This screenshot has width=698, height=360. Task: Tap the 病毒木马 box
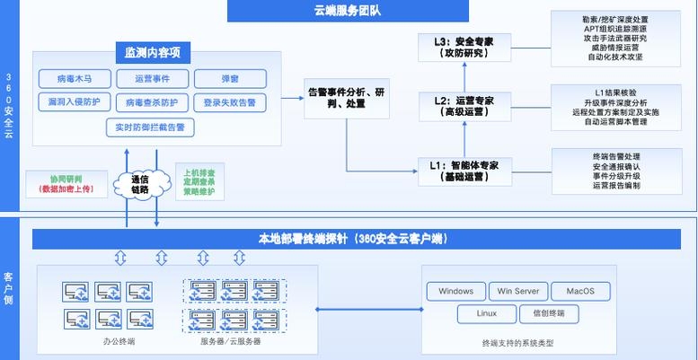coord(75,79)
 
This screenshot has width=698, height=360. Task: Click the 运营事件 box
coord(151,79)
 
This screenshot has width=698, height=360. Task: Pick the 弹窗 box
coord(229,79)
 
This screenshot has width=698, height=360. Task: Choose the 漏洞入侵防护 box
coord(75,102)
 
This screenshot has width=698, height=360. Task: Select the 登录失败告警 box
coord(229,102)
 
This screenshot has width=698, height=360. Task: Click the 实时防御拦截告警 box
coord(150,127)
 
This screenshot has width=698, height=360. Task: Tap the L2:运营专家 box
coord(463,107)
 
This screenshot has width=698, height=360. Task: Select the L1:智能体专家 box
coord(463,171)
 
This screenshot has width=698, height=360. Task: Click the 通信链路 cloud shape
coord(139,183)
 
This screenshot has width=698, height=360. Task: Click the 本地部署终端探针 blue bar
coord(353,239)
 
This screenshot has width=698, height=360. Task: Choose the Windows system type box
coord(455,291)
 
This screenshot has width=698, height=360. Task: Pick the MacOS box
coord(580,291)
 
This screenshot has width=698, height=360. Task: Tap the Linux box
coord(486,314)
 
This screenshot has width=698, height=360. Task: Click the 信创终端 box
coord(548,314)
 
